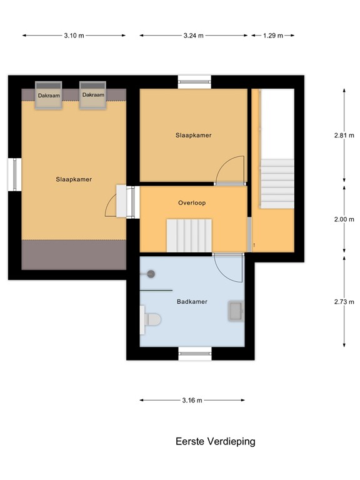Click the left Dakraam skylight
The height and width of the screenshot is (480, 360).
click(49, 96)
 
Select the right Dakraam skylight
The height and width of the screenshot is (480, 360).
click(92, 96)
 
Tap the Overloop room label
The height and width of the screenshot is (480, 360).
click(191, 202)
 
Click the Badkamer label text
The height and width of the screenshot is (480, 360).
click(192, 301)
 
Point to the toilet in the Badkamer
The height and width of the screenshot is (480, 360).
click(150, 319)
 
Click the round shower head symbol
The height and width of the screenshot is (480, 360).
click(151, 273)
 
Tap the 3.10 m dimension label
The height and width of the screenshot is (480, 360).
click(73, 36)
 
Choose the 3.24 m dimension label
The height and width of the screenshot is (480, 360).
click(194, 36)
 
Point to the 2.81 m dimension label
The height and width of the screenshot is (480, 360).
click(344, 135)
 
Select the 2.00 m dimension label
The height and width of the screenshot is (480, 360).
click(344, 219)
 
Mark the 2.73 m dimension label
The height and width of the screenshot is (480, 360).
click(344, 301)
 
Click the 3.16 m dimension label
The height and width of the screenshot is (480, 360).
click(191, 401)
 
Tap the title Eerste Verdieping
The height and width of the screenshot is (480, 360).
click(216, 441)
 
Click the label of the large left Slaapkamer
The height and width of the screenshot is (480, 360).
click(74, 179)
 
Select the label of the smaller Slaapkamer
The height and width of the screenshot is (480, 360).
click(193, 135)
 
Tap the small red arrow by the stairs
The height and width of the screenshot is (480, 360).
click(254, 245)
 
